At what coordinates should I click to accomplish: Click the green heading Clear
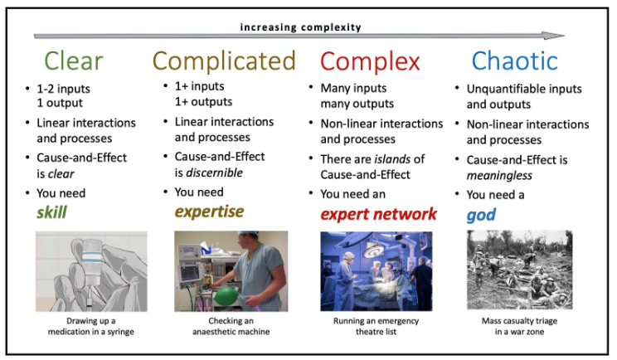pyautogui.click(x=73, y=61)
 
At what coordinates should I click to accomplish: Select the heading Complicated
pyautogui.click(x=224, y=61)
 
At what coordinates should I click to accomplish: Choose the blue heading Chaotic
pyautogui.click(x=514, y=61)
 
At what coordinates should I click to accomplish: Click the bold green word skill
pyautogui.click(x=51, y=212)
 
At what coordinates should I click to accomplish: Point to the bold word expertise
pyautogui.click(x=208, y=212)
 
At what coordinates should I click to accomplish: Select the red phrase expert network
pyautogui.click(x=378, y=214)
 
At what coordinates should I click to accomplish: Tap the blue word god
pyautogui.click(x=481, y=214)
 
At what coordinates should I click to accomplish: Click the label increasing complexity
pyautogui.click(x=300, y=27)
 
